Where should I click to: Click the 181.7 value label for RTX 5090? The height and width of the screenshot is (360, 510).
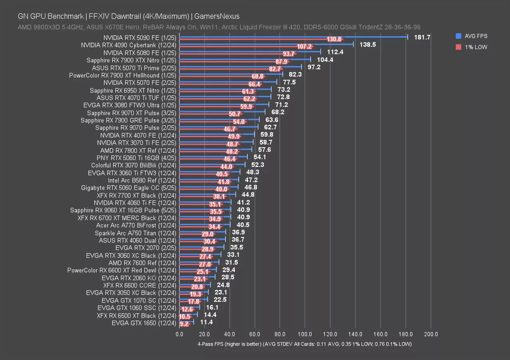pos(422,37)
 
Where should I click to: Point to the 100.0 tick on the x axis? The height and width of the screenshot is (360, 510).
pos(305,334)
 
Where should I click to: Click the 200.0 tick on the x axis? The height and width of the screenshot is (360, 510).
pos(430,334)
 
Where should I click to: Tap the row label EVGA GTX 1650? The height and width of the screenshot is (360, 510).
pos(144,323)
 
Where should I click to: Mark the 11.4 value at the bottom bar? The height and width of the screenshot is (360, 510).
pos(206,322)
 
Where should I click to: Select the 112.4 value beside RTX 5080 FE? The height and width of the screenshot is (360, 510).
pos(335,52)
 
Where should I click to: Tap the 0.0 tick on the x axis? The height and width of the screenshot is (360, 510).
pos(179,334)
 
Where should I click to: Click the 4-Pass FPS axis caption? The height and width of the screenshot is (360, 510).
pos(305,344)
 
